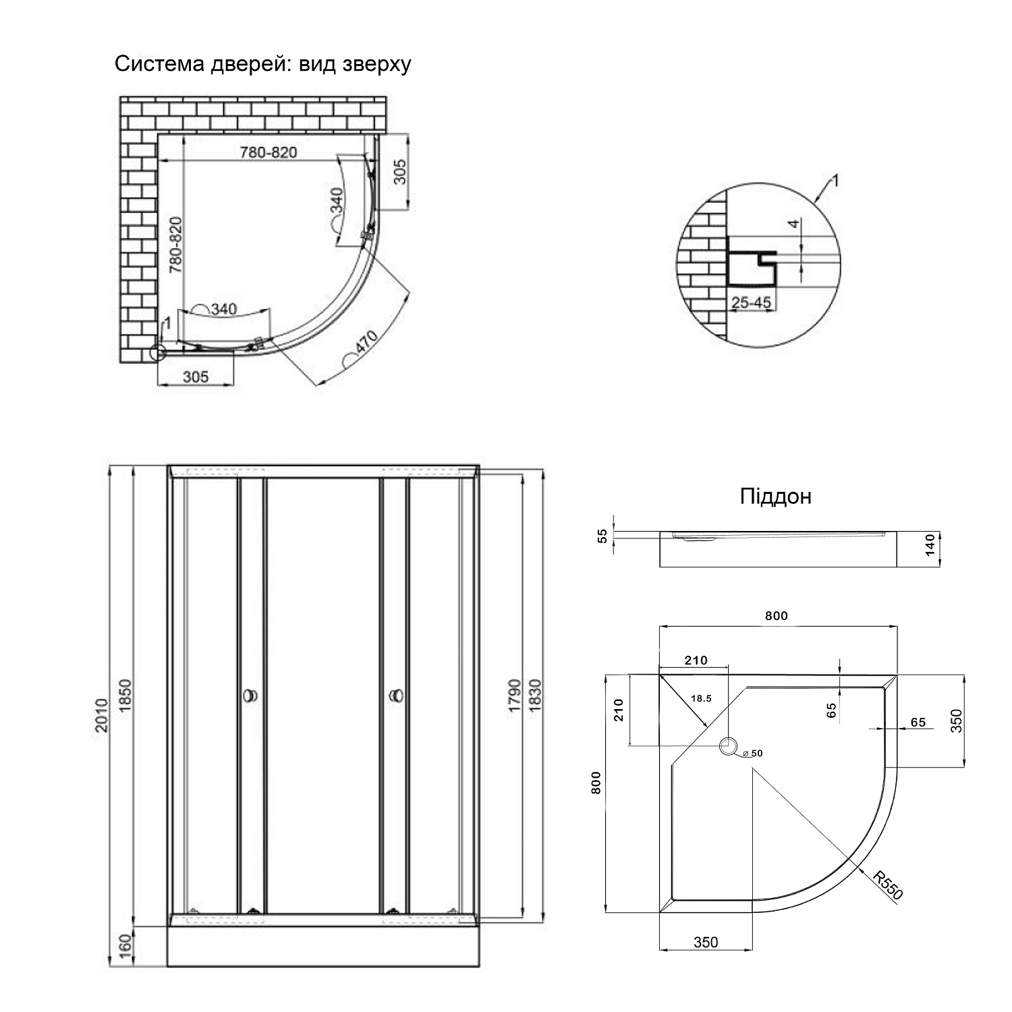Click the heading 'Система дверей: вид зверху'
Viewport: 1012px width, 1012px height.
tap(262, 64)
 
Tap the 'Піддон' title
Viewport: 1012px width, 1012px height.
tap(775, 497)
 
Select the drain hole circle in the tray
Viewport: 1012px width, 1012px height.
tap(729, 747)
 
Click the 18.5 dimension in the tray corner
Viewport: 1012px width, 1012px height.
tap(701, 698)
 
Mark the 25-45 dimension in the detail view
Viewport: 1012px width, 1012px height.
tap(751, 303)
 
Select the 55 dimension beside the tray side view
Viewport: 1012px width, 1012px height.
tap(602, 536)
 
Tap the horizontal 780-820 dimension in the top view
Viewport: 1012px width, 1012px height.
tap(269, 152)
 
